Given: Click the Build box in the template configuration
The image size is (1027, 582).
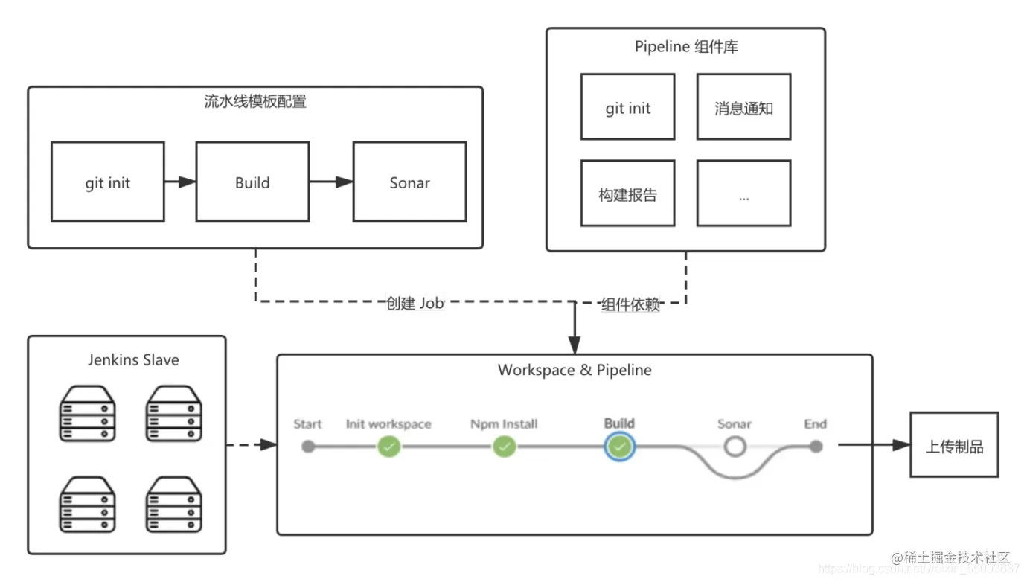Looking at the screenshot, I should pos(252,182).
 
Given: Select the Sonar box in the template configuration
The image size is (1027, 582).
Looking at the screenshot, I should pos(409,182).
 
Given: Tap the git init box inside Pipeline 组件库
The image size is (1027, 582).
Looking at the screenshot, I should pos(627,107).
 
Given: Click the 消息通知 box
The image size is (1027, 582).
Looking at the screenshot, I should pos(743,107).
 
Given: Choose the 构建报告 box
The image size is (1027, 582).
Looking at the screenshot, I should pos(627,194).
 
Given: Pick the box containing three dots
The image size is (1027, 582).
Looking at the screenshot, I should pos(743,194).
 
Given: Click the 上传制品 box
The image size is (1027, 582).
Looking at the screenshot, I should pos(954,446).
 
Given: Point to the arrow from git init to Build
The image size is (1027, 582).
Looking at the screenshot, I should pos(179,182).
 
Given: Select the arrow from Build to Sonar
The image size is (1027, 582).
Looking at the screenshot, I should pos(330,182).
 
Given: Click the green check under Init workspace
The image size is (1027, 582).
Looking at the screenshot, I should pos(388,447).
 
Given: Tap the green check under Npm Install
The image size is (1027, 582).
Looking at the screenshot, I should pos(504,447).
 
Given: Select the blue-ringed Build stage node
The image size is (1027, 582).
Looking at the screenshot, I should pos(619,447).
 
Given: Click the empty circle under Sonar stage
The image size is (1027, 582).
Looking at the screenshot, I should pos(735,447).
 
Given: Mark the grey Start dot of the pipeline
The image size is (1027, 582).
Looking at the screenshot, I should pos(308,447).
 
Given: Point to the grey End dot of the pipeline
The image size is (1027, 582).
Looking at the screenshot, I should pos(816,447).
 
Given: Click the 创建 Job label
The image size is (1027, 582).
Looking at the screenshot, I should pos(415,304).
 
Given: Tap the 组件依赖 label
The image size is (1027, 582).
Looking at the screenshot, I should pos(630,304).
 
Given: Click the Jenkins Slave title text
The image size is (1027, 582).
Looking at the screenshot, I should pos(133,359).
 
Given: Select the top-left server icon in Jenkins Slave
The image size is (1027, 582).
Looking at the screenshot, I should pos(87,414).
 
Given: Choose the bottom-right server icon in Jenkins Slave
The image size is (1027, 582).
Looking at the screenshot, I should pos(174,504).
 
